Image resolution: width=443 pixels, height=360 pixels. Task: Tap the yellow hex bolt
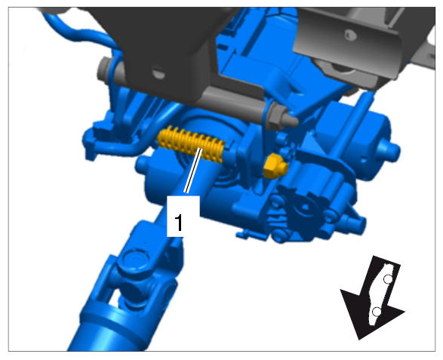(275, 167)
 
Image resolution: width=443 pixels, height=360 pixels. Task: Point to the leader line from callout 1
(193, 171)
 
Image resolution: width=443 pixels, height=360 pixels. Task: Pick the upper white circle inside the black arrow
(388, 279)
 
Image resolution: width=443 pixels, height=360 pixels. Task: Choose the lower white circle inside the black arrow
(377, 312)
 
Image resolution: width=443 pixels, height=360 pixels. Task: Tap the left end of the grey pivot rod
(103, 69)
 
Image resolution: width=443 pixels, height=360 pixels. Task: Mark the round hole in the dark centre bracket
(158, 73)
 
